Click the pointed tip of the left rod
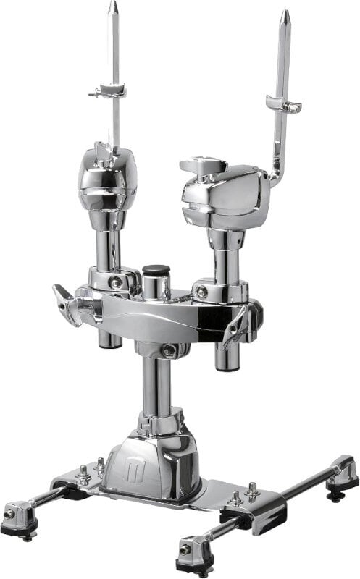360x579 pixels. (113, 7)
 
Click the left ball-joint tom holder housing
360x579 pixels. (108, 177)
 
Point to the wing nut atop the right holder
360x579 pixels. (203, 166)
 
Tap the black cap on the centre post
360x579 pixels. (155, 272)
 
